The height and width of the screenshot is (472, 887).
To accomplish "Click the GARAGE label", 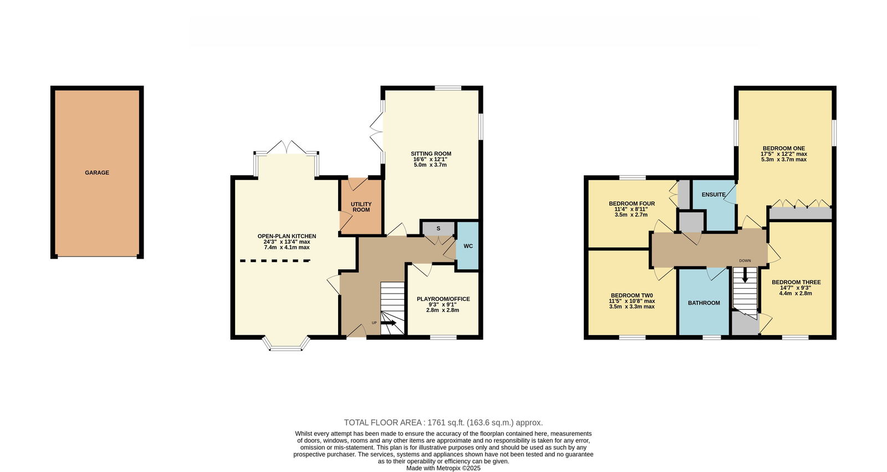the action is coord(97,172).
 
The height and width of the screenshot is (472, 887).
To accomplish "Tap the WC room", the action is coord(468,245).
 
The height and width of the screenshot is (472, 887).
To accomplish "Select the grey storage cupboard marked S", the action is coord(439,229).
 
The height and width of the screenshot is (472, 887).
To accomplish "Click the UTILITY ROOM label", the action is coord(361,207).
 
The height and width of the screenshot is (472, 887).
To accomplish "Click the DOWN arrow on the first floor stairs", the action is coord(745,275).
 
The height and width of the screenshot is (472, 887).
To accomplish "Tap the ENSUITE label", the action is coord(713,194).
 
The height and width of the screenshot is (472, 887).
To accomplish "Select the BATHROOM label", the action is coord(704,302).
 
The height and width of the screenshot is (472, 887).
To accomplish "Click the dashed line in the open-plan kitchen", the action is coord(275,261).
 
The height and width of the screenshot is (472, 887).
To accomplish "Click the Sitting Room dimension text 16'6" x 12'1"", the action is coord(431,159).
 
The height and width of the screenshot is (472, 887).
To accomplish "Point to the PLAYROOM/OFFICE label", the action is coord(443,299).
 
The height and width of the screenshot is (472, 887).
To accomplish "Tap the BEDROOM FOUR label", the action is coord(632,204).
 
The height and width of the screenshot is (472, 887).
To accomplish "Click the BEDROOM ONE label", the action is coord(784,148).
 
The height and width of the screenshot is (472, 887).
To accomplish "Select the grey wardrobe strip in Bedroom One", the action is coord(801,214).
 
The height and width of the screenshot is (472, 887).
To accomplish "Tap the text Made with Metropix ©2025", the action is coord(443,469).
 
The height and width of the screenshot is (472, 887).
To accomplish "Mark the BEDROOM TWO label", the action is coord(632,295).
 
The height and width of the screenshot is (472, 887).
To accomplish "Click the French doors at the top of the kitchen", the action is coord(286,147).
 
